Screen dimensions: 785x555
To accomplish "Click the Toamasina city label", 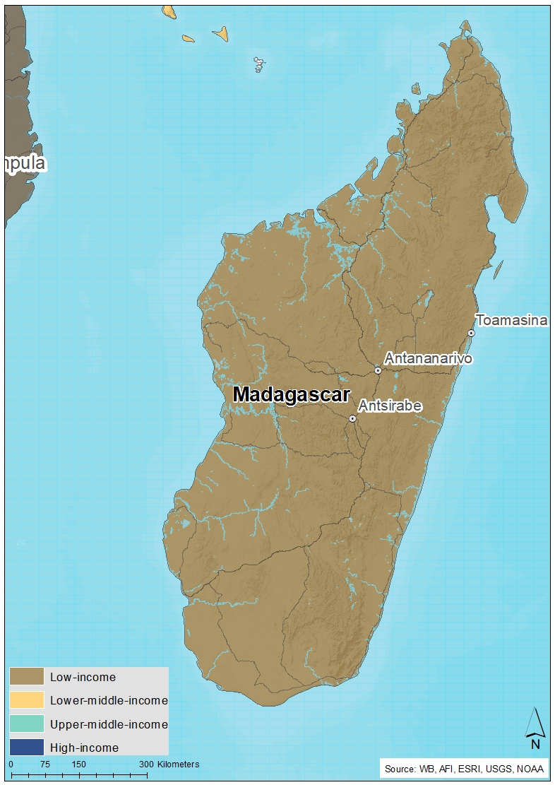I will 511,320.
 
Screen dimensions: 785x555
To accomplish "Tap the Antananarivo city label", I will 428,358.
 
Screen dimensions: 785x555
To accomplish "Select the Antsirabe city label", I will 390,406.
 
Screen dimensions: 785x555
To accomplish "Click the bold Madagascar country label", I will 291,394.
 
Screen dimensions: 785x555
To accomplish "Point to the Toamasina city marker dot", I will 471,333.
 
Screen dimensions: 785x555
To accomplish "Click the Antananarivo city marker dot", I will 378,370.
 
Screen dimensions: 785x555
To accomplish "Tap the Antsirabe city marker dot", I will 352,418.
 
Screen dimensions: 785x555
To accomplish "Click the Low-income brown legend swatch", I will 26,677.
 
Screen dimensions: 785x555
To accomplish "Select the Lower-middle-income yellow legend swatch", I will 26,700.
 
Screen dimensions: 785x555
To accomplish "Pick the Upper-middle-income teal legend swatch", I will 26,724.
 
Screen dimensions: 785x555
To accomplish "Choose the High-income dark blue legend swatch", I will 26,747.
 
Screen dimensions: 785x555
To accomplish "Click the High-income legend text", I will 84,747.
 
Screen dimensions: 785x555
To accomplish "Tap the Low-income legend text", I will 83,677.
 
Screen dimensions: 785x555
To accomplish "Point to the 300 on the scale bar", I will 145,764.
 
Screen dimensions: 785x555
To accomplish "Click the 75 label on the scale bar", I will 44,764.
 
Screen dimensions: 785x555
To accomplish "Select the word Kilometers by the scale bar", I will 178,764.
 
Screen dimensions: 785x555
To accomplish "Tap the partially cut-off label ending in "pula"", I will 24,163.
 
